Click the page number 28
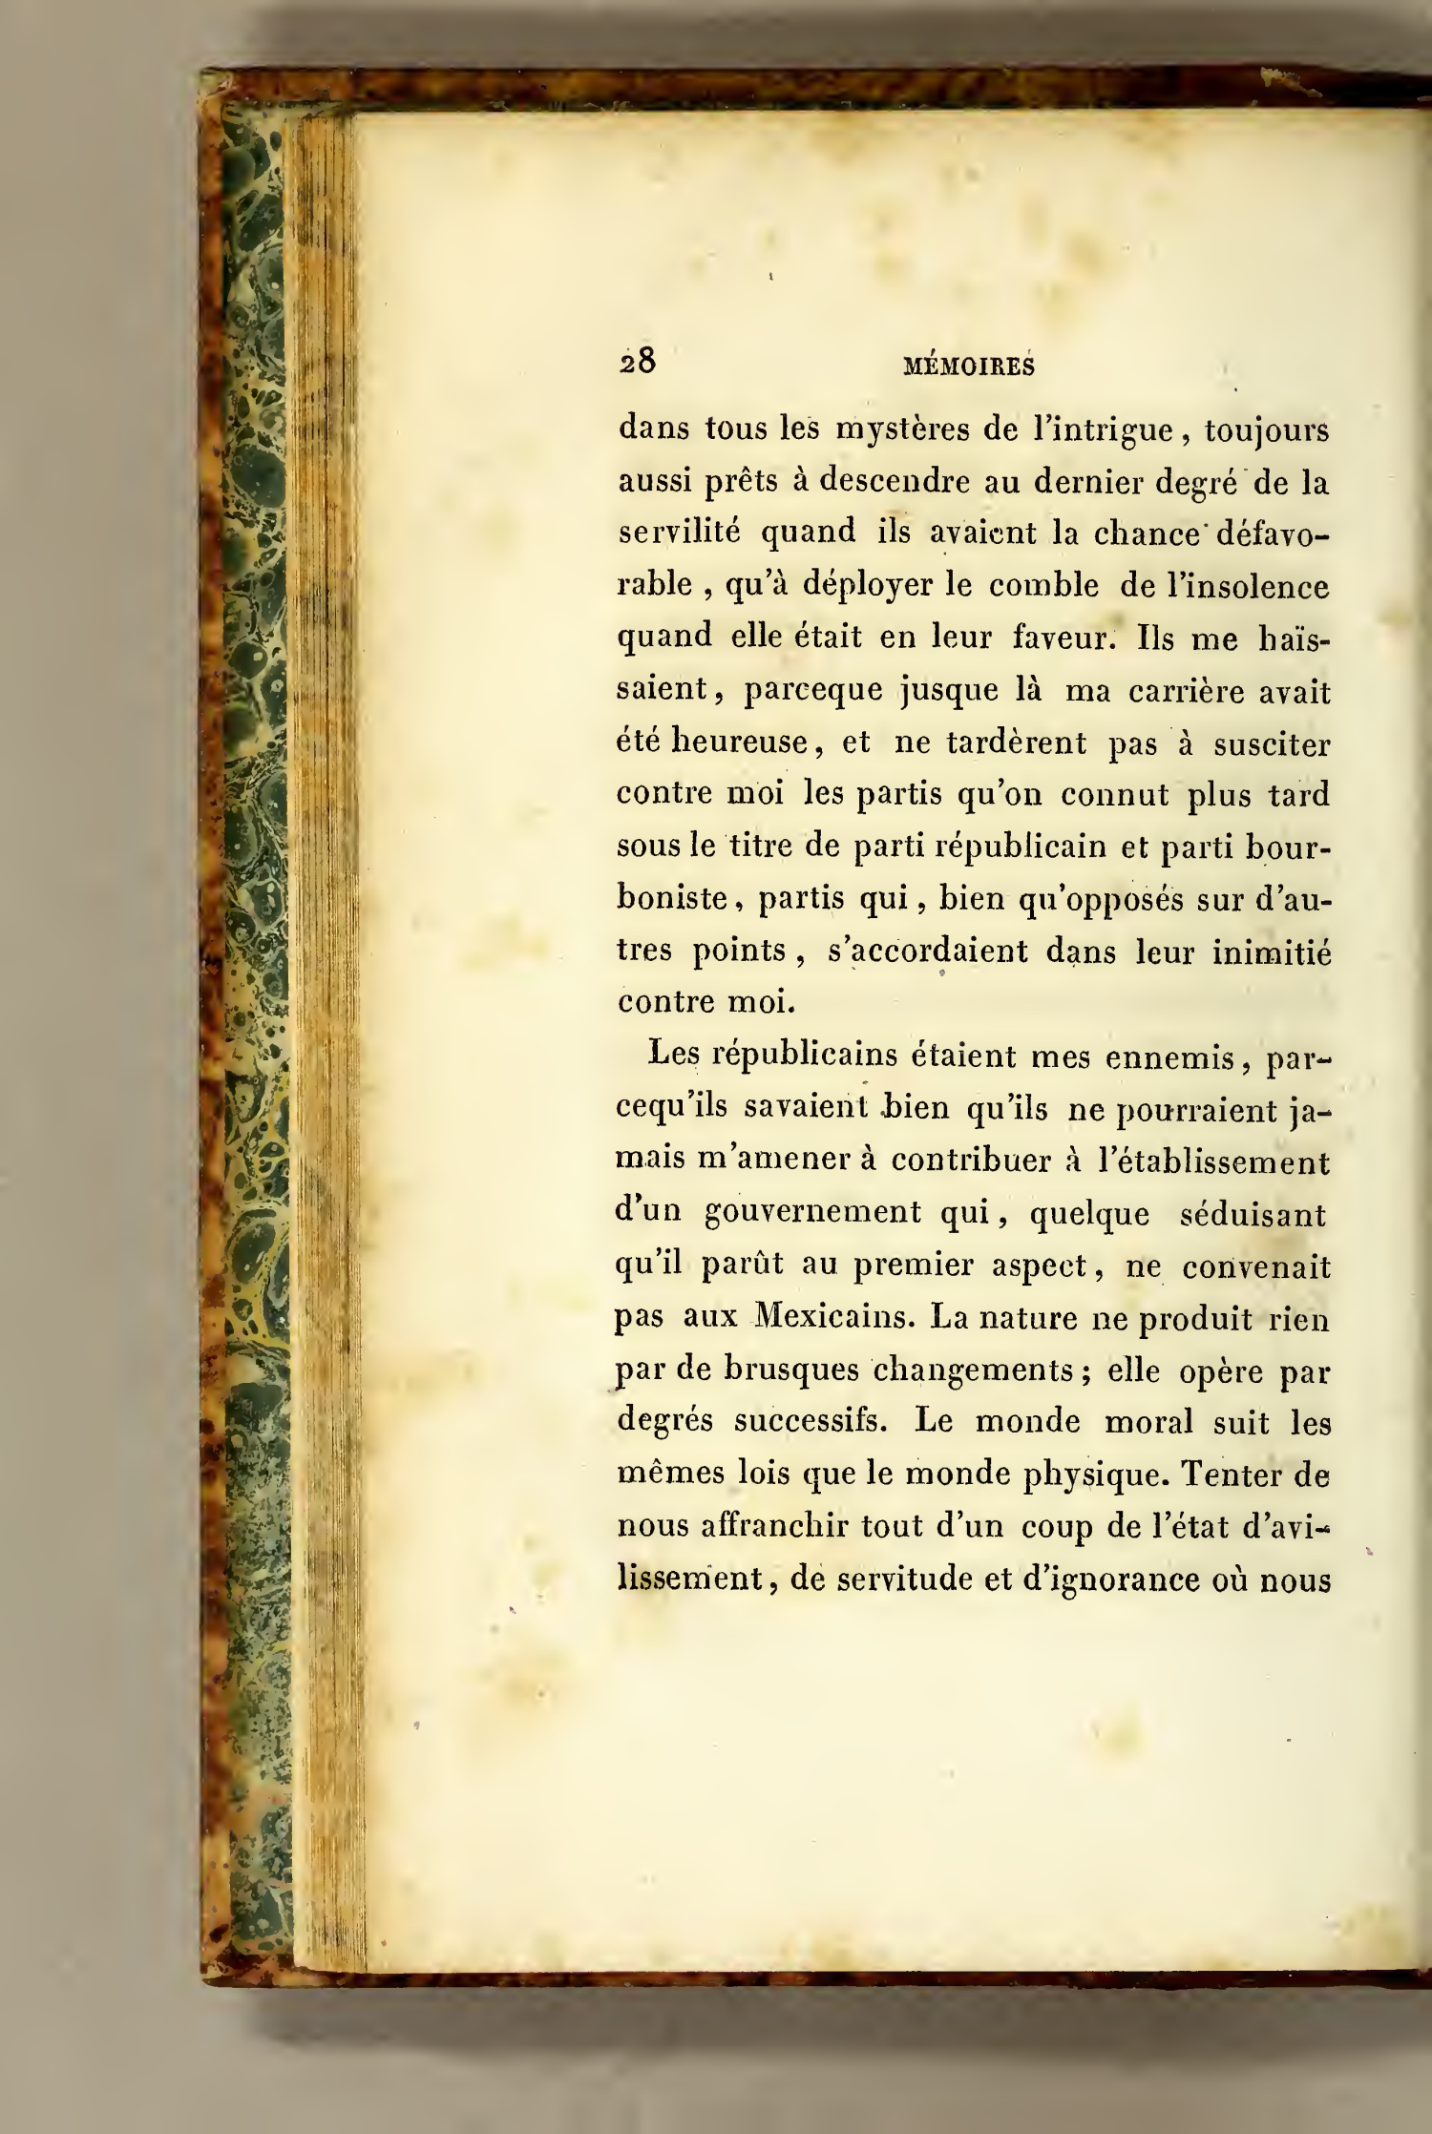tap(638, 363)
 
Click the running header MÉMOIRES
tap(969, 366)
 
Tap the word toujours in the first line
tap(1267, 430)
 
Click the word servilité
tap(679, 533)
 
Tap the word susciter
tap(1271, 743)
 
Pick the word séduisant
tap(1253, 1214)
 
